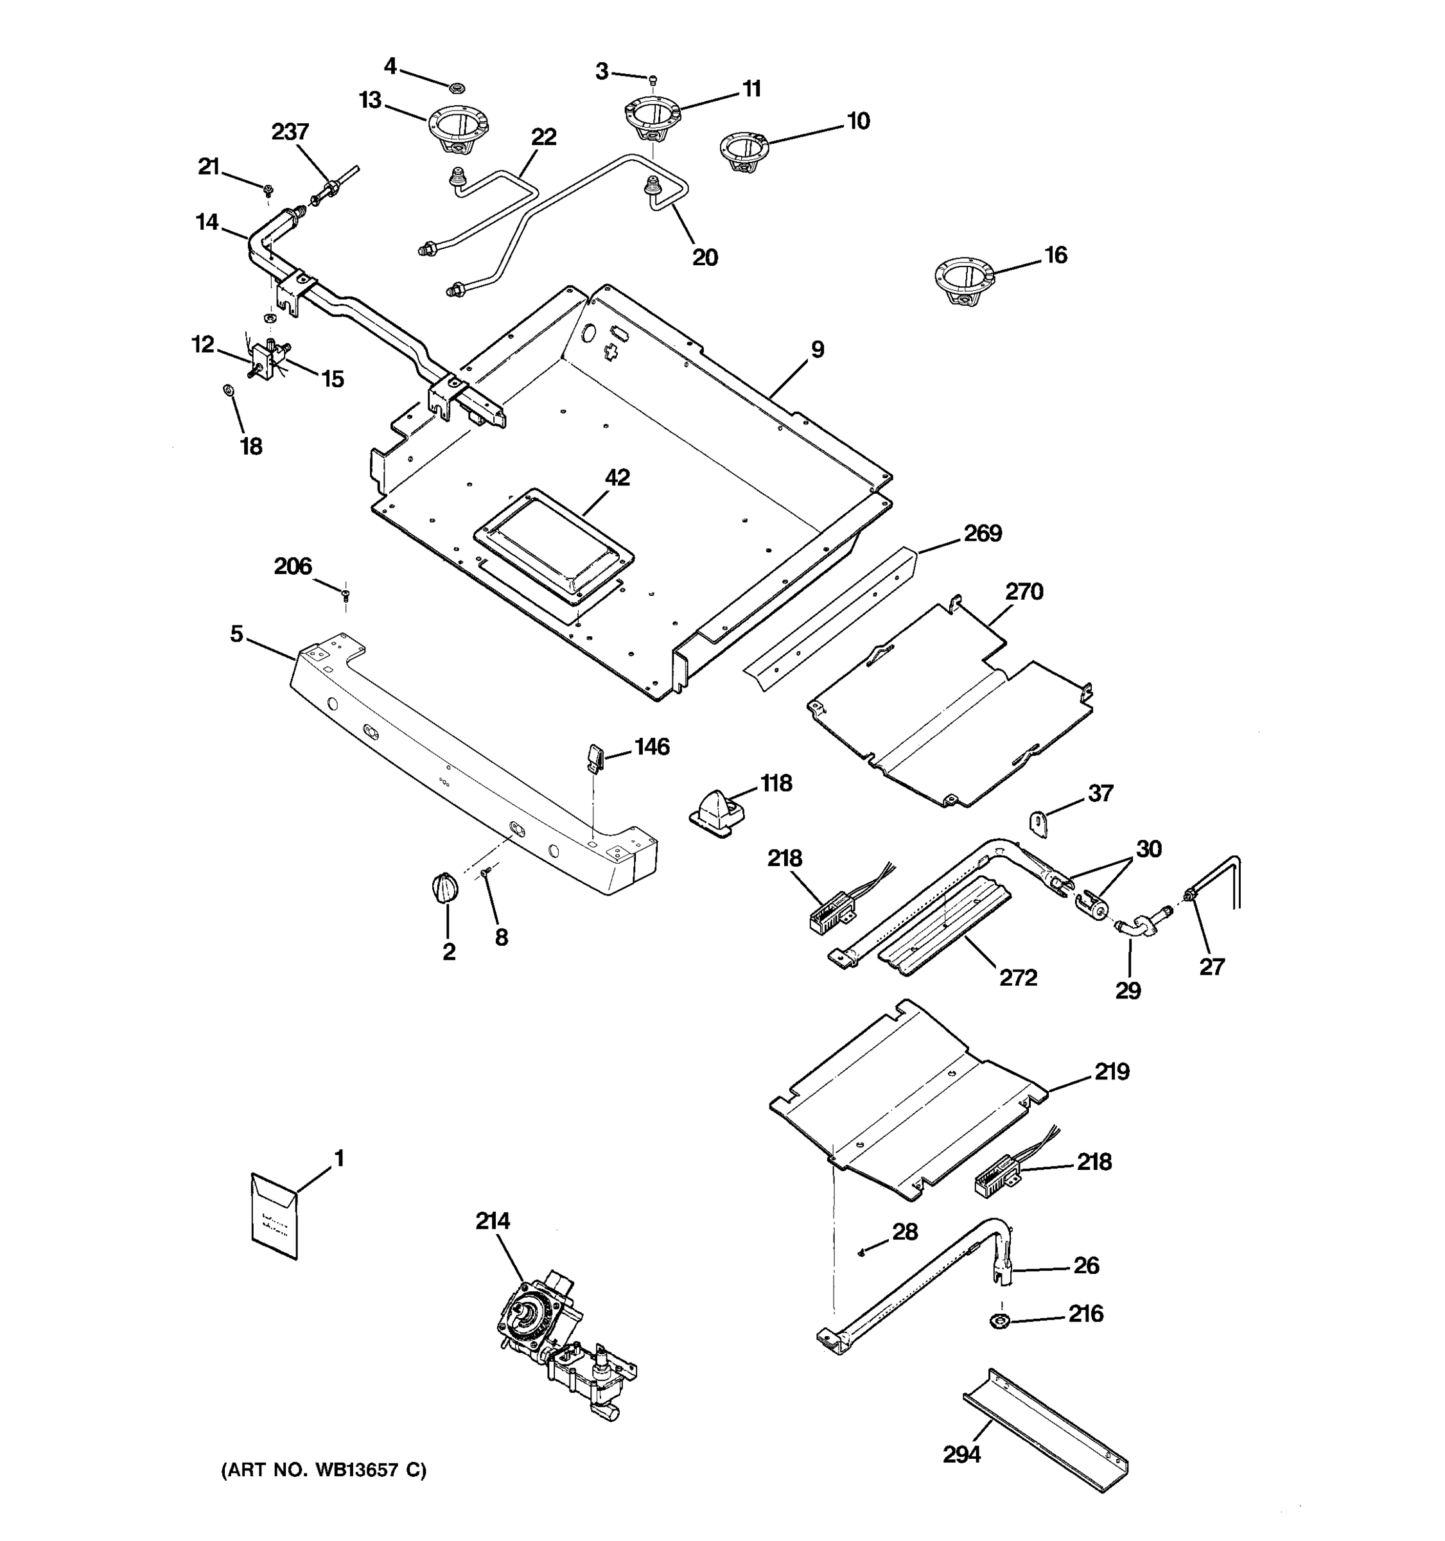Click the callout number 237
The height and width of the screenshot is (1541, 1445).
[x=290, y=132]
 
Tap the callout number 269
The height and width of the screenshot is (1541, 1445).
[x=982, y=534]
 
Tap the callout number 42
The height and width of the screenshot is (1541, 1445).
[x=617, y=478]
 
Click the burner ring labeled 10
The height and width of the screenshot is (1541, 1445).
[x=742, y=151]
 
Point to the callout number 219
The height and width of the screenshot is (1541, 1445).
[x=1112, y=1072]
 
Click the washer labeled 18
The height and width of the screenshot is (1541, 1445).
[x=228, y=388]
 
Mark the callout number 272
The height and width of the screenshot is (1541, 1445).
[x=1018, y=977]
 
